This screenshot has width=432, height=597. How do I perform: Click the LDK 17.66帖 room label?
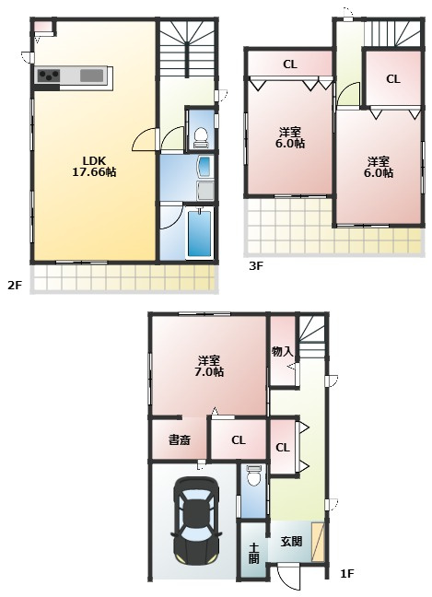tap(94, 167)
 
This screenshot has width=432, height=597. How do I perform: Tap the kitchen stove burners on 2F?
tap(48, 76)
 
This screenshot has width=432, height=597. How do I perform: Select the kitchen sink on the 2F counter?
tap(92, 76)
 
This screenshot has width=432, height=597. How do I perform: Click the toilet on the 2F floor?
tap(201, 137)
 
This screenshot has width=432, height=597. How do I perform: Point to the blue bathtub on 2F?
tap(200, 233)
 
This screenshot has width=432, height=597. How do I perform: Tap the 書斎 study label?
tap(180, 440)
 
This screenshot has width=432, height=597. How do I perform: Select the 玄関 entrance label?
tap(292, 542)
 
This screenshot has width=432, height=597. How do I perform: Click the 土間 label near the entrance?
tap(253, 553)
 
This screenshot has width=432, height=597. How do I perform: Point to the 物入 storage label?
tap(283, 352)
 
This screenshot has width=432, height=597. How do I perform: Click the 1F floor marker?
tap(346, 573)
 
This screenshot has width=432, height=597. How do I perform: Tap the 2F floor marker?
tap(15, 286)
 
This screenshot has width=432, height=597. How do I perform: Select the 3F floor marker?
tap(256, 265)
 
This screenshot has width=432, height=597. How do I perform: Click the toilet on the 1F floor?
tap(253, 475)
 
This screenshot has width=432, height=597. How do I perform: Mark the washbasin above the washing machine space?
tap(204, 167)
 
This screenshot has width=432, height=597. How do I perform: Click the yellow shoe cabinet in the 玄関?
tap(318, 542)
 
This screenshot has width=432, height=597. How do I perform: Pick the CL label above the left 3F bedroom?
tap(290, 64)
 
